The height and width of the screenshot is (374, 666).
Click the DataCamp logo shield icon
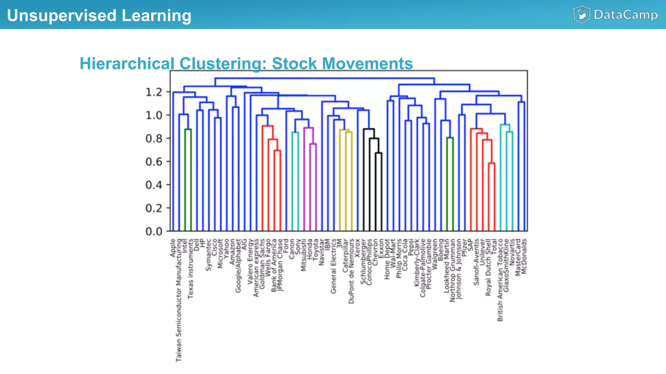[x=581, y=15]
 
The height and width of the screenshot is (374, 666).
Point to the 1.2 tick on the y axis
[x=154, y=92]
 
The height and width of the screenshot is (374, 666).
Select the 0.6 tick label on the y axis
[x=154, y=162]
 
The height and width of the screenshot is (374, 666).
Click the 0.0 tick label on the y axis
[x=154, y=231]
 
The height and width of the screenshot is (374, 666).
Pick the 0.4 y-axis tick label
[x=154, y=185]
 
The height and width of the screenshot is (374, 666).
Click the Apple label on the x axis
[x=173, y=248]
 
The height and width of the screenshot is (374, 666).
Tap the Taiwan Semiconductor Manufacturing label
[x=179, y=300]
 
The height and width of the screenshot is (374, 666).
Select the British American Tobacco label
[x=500, y=280]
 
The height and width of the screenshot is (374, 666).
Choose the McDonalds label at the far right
[x=524, y=256]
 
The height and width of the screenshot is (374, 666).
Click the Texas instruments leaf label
[x=191, y=269]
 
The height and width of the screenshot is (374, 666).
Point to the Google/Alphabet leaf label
[x=238, y=266]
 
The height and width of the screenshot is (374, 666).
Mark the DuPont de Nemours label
[x=351, y=271]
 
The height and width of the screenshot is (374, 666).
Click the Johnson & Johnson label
[x=459, y=269]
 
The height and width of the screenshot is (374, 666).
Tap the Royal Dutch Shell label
[x=488, y=267]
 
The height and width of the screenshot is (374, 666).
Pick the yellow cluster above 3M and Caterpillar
[x=346, y=130]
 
